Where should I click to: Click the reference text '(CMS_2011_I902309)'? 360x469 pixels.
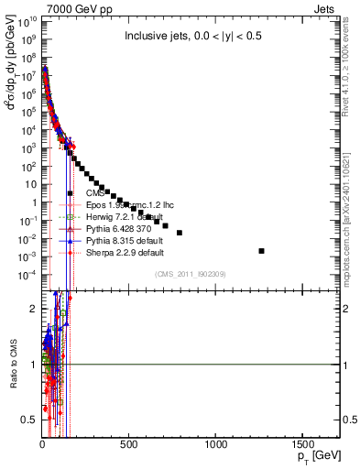coord(189,274)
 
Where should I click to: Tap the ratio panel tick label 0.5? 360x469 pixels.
coord(28,420)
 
